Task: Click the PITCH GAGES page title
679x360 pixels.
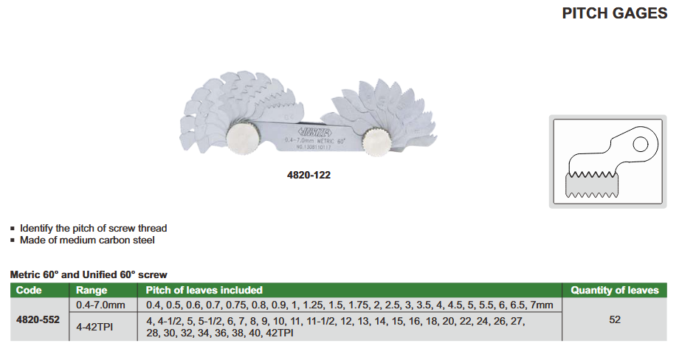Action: click(615, 13)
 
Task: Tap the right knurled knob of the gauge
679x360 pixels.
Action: click(376, 142)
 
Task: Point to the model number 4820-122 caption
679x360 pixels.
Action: click(309, 176)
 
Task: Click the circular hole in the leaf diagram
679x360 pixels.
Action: click(641, 144)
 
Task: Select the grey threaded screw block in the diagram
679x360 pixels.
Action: click(592, 185)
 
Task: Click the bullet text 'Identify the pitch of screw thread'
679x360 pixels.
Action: click(93, 228)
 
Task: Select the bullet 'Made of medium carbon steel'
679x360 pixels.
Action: click(87, 240)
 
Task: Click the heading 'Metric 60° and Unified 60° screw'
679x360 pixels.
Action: click(89, 274)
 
